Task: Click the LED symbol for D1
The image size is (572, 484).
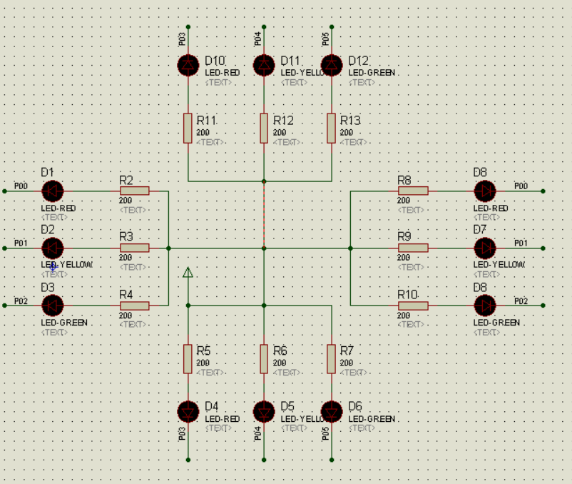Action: click(x=52, y=191)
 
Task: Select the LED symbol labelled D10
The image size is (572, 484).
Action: click(x=188, y=65)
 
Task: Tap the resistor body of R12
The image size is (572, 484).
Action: click(x=264, y=128)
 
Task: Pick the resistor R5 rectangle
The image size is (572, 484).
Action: click(x=188, y=358)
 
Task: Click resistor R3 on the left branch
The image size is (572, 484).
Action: click(x=134, y=248)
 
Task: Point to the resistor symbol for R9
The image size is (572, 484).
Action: click(x=413, y=248)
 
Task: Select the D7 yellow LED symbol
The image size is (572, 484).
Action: click(x=485, y=248)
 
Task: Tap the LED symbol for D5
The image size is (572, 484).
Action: click(x=264, y=412)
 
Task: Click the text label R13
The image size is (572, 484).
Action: click(x=350, y=121)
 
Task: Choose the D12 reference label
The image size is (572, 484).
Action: click(x=359, y=61)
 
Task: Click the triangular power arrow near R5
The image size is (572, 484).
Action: click(x=188, y=272)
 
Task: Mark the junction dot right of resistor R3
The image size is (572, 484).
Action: click(x=168, y=248)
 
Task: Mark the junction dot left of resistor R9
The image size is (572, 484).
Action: click(x=351, y=248)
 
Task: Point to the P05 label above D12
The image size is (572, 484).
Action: click(x=326, y=38)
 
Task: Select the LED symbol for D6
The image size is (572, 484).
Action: click(x=332, y=412)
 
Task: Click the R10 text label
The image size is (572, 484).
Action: click(x=407, y=294)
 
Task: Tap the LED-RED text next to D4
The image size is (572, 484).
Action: click(x=223, y=419)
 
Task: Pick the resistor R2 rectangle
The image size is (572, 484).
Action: click(x=134, y=191)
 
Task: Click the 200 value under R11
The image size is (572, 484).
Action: click(x=203, y=133)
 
